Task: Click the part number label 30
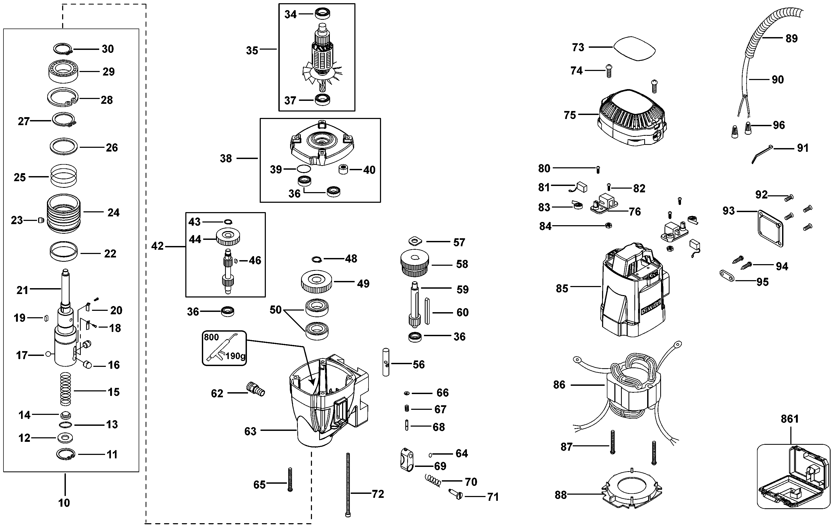107,49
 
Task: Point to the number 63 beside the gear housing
250,431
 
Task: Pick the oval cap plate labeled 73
634,49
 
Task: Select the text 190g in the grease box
235,356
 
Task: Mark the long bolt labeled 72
348,485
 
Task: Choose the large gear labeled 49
317,282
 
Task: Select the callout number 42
157,246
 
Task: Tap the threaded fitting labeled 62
256,389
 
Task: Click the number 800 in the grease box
211,337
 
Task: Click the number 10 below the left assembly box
64,503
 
